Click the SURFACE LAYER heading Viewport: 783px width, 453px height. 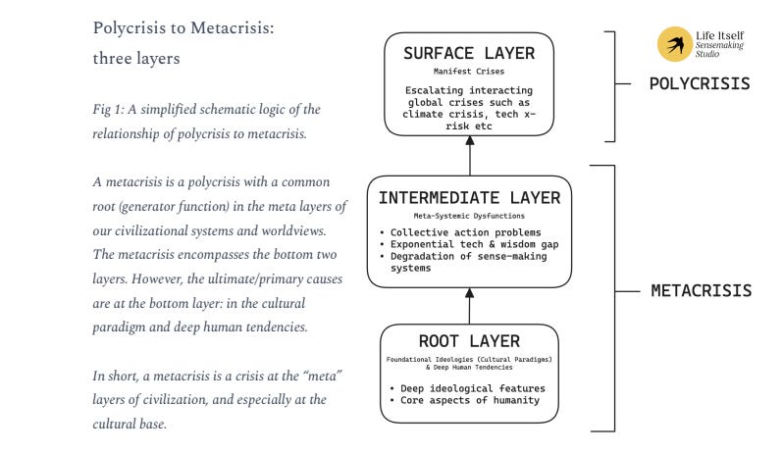[x=469, y=53]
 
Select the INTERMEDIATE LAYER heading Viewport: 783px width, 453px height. [x=469, y=197]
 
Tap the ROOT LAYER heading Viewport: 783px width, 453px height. [x=469, y=342]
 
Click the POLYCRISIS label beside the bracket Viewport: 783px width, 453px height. [x=700, y=83]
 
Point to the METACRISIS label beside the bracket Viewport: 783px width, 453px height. [x=702, y=290]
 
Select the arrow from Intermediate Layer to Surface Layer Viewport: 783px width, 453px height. [x=469, y=156]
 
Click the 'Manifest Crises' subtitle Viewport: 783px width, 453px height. [x=469, y=72]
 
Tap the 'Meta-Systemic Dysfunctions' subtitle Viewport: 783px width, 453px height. [x=469, y=215]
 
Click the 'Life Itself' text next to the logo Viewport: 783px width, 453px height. [x=719, y=34]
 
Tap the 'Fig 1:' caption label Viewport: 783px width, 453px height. [x=107, y=108]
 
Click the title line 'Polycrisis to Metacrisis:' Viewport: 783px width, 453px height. [x=183, y=27]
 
